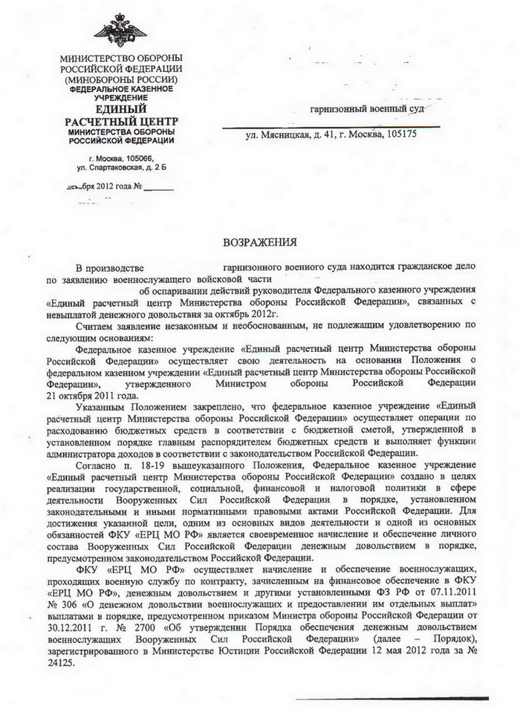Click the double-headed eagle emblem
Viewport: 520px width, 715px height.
pos(120,29)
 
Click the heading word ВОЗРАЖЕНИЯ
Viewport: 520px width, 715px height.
pos(260,242)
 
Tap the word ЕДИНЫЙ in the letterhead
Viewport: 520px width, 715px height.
pos(120,108)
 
